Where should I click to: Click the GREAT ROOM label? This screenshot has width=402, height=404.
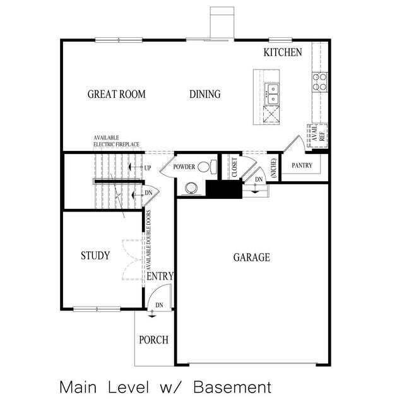point(116,95)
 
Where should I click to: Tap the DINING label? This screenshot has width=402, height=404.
point(205,95)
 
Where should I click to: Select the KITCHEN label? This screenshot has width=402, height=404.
point(283,52)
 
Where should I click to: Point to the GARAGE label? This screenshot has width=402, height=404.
point(252,258)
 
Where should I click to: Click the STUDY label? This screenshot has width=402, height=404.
point(95,256)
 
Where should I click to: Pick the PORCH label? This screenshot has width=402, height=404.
point(153,340)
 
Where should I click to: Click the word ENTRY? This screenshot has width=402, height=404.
point(160,276)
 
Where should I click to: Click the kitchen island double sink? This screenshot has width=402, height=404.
point(272,94)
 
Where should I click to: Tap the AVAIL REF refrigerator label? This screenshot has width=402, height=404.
point(317,134)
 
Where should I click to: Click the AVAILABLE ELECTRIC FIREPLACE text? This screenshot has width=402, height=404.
point(117,141)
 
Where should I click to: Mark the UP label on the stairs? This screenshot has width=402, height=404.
point(148,168)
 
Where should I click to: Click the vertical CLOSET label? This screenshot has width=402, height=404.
point(234,167)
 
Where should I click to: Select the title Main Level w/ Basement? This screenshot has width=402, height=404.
point(165,386)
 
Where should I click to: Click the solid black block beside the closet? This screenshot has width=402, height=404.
point(224,188)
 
